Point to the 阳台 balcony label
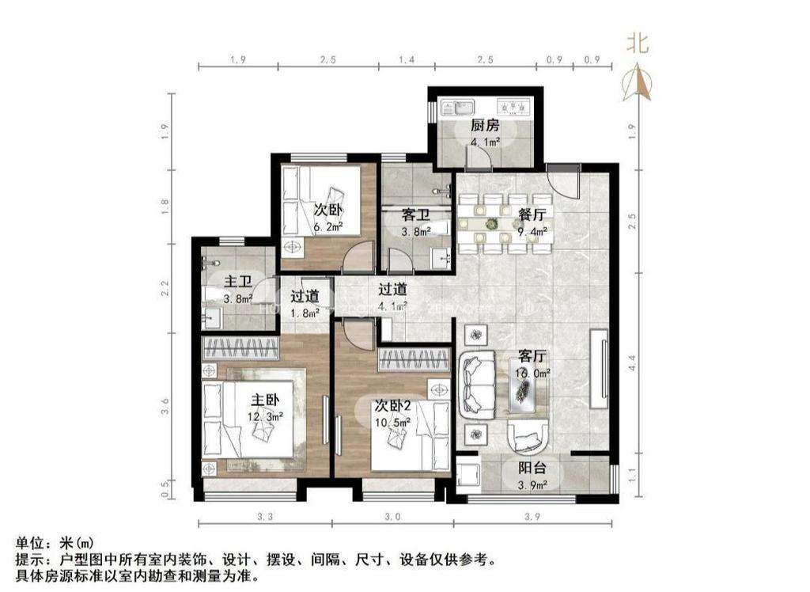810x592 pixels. pyautogui.click(x=532, y=467)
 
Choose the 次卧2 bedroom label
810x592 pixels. pyautogui.click(x=394, y=406)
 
